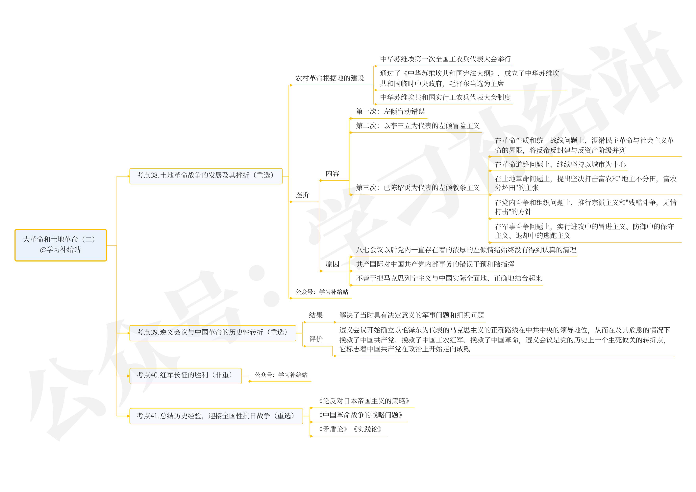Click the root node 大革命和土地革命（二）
click(61, 245)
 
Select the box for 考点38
click(206, 176)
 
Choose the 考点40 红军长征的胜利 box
click(185, 375)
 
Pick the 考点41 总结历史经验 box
click(216, 416)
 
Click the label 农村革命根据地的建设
click(330, 78)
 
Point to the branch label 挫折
click(302, 195)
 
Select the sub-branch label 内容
click(332, 174)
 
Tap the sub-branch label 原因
click(332, 264)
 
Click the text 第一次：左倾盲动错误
click(390, 112)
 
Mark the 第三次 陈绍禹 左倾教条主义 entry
click(417, 188)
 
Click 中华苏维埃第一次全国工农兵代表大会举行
click(445, 59)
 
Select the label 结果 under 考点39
click(316, 315)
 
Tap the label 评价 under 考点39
click(316, 339)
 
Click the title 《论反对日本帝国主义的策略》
click(364, 401)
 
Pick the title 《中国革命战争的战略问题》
click(360, 415)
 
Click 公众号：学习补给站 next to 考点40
click(281, 375)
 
